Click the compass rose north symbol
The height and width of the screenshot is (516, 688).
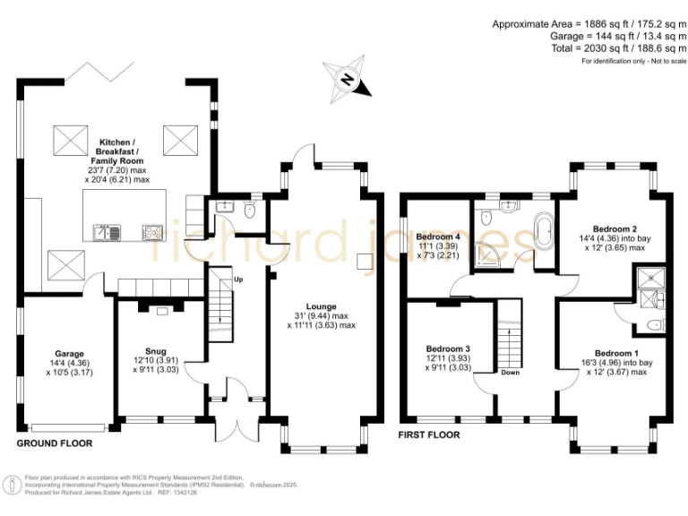click(x=348, y=80)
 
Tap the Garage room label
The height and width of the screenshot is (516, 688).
click(x=69, y=354)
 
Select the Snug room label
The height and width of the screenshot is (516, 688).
click(x=156, y=351)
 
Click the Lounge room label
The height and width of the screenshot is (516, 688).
click(x=322, y=306)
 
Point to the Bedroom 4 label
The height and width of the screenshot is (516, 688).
click(x=438, y=236)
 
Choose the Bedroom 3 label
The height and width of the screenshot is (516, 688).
click(x=448, y=348)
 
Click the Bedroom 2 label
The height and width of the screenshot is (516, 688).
click(x=615, y=228)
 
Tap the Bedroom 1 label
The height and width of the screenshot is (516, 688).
click(x=616, y=353)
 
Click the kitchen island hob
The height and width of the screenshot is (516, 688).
click(x=152, y=232)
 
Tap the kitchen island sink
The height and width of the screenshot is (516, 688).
click(x=107, y=232)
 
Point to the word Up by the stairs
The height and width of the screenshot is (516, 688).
click(x=238, y=279)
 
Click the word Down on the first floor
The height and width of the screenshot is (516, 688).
click(x=511, y=372)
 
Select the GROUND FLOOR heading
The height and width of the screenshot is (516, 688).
click(x=55, y=443)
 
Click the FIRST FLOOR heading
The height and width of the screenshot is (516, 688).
click(x=429, y=434)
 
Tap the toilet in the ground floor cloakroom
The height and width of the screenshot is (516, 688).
click(x=250, y=210)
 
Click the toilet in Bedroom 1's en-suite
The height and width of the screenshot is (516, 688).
click(x=656, y=324)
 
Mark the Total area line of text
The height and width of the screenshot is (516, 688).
click(x=619, y=48)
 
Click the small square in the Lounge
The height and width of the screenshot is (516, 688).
click(x=365, y=262)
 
